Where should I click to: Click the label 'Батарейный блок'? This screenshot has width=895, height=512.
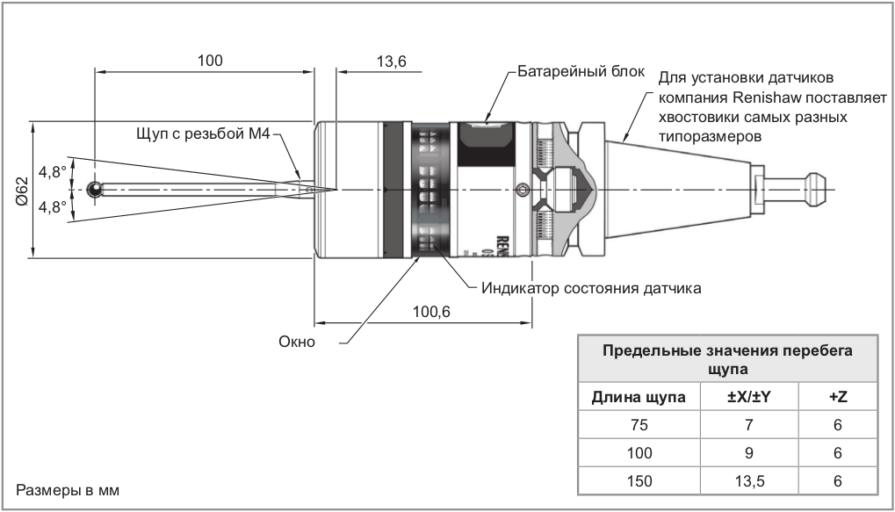pos(581,71)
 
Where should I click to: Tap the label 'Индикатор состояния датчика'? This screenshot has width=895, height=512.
pos(590,287)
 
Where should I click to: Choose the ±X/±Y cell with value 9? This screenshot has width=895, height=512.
pos(749,452)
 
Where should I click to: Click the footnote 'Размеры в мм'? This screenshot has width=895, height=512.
pos(67,489)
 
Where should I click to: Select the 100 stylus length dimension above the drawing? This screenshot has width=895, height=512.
pos(209,61)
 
